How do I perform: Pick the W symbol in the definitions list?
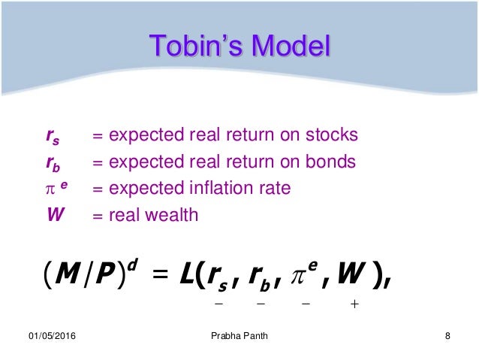pyautogui.click(x=55, y=215)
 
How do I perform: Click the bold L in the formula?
pyautogui.click(x=189, y=277)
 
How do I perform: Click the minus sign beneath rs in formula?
pyautogui.click(x=219, y=304)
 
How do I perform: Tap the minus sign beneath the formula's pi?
pyautogui.click(x=306, y=304)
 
